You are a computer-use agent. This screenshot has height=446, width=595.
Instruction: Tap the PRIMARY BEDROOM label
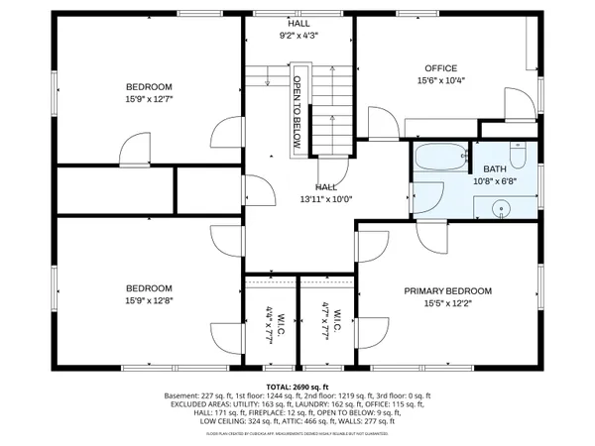pyautogui.click(x=447, y=290)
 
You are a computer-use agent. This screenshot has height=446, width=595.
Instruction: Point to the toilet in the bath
pyautogui.click(x=517, y=156)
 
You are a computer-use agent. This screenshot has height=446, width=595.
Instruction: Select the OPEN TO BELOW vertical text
pyautogui.click(x=296, y=110)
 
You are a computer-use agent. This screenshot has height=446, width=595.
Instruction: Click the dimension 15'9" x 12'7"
pyautogui.click(x=149, y=98)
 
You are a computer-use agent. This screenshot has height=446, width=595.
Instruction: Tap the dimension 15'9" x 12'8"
pyautogui.click(x=149, y=300)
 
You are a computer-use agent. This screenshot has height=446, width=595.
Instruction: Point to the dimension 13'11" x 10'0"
pyautogui.click(x=325, y=198)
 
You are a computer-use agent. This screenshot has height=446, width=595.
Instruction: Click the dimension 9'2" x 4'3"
pyautogui.click(x=297, y=35)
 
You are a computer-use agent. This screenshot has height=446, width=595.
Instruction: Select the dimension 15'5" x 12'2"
pyautogui.click(x=447, y=303)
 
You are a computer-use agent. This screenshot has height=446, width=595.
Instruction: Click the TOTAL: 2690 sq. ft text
pyautogui.click(x=297, y=386)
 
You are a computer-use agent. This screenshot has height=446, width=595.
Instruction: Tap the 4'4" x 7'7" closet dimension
pyautogui.click(x=270, y=324)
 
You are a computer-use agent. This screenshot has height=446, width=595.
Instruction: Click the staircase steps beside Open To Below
pyautogui.click(x=332, y=109)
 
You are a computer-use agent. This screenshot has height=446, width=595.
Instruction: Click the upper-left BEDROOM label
pyautogui.click(x=149, y=86)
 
